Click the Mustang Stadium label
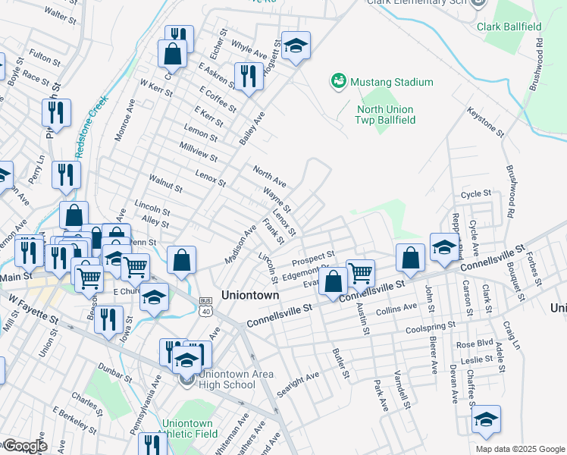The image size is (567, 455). click(391, 82)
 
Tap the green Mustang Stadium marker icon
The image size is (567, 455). click(338, 80)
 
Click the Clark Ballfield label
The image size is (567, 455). click(509, 27)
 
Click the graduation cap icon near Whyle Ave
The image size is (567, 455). click(296, 45)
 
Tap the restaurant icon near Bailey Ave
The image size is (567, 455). click(248, 75)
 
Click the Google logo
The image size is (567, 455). click(24, 446)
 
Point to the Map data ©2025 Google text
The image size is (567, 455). click(519, 449)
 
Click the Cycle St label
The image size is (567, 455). click(477, 195)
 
